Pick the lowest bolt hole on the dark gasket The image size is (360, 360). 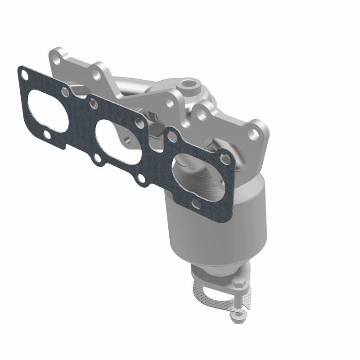tap(195, 205)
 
